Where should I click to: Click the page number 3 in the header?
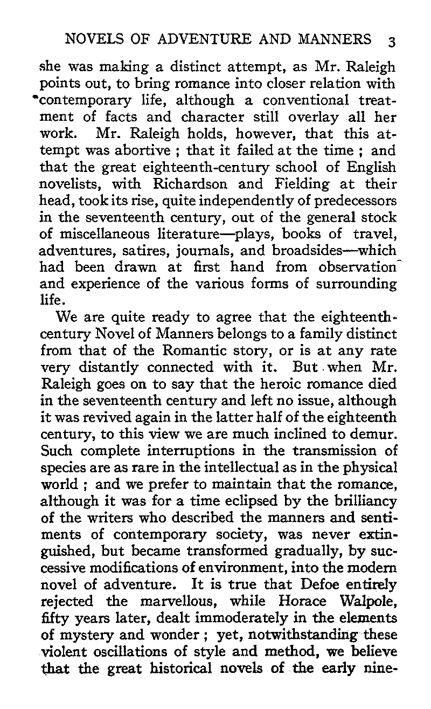pyautogui.click(x=392, y=41)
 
